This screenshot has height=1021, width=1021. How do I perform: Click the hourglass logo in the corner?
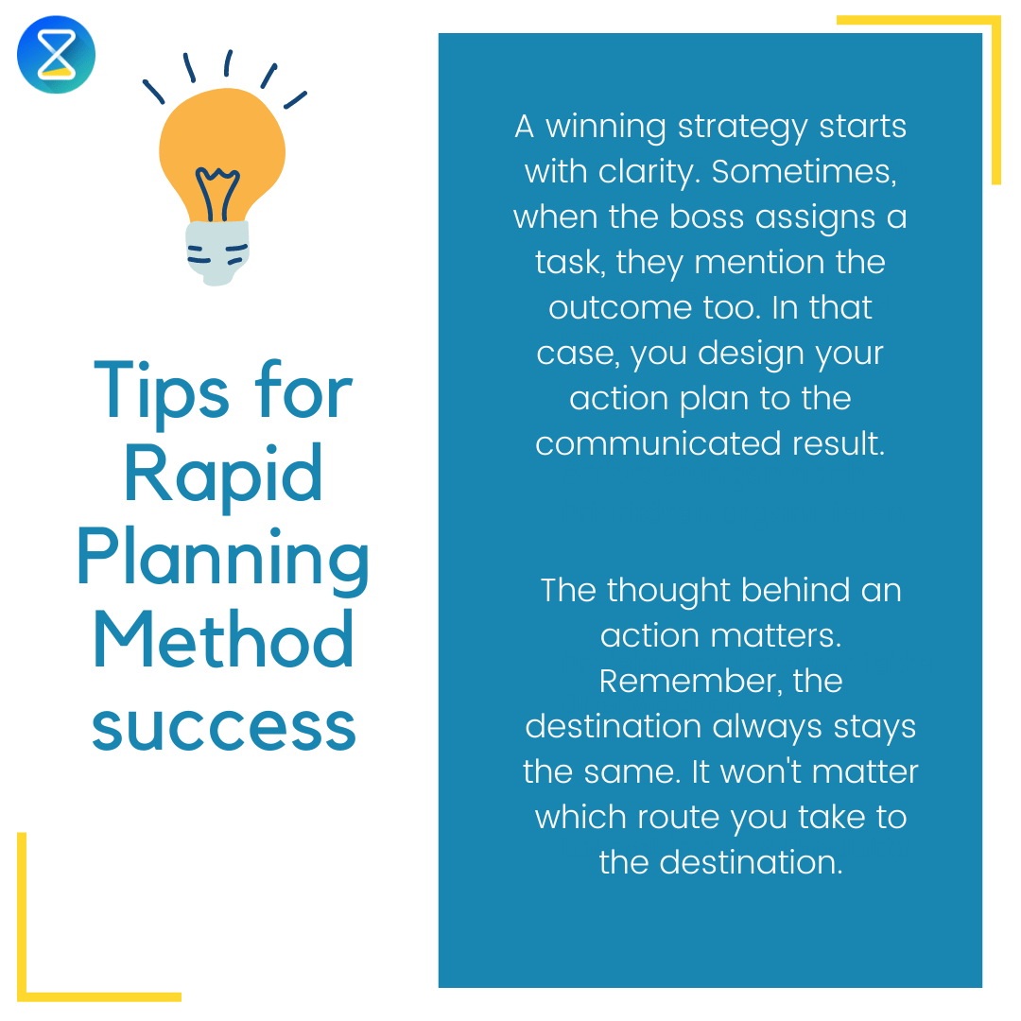coord(57,54)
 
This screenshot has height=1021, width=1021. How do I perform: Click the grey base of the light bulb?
coord(216,251)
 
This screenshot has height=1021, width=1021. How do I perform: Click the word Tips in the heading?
coord(161,391)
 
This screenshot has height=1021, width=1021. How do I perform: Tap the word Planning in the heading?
coord(223,560)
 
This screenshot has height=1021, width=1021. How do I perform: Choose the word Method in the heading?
coord(223,642)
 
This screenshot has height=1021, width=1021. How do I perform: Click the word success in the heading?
coord(223,725)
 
